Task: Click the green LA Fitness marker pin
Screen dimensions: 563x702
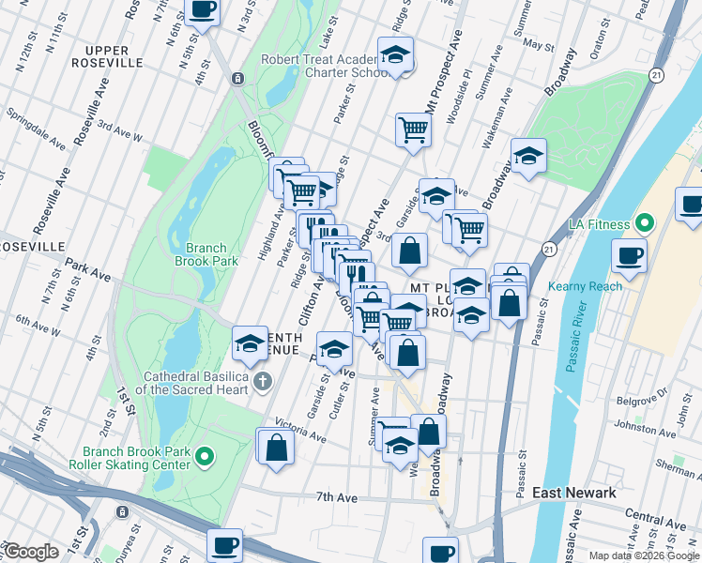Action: (x=644, y=225)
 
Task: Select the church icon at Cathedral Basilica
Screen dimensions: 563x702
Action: (x=262, y=382)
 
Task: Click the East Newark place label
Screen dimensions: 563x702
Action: (x=573, y=493)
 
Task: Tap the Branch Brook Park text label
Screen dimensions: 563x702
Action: (x=206, y=255)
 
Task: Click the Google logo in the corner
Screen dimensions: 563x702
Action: (x=31, y=552)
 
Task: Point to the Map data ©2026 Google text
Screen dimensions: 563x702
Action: (x=643, y=555)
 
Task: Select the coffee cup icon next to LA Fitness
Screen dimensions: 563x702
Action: (x=630, y=254)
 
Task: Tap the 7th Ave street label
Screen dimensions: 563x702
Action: (x=338, y=496)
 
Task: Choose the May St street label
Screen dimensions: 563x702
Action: (x=539, y=44)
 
